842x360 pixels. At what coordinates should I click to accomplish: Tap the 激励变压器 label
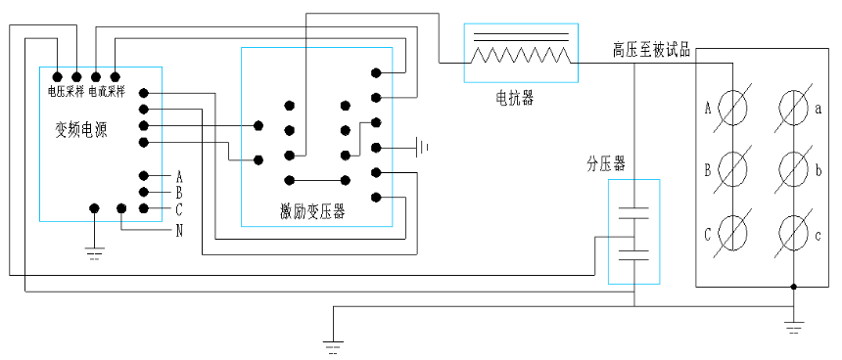tap(311, 211)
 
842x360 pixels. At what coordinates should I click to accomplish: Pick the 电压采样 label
tap(66, 91)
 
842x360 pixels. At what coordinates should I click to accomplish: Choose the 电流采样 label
tap(106, 91)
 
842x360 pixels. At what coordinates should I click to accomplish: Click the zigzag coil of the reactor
tap(520, 56)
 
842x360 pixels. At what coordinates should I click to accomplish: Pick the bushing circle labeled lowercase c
tap(793, 232)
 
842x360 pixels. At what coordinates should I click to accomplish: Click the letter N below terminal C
tap(179, 231)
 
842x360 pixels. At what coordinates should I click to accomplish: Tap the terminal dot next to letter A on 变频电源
tap(144, 177)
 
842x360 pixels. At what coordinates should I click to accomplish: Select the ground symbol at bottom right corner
tap(794, 326)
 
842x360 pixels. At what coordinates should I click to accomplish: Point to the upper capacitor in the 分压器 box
tap(634, 209)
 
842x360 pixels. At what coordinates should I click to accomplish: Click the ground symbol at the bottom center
tap(333, 345)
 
